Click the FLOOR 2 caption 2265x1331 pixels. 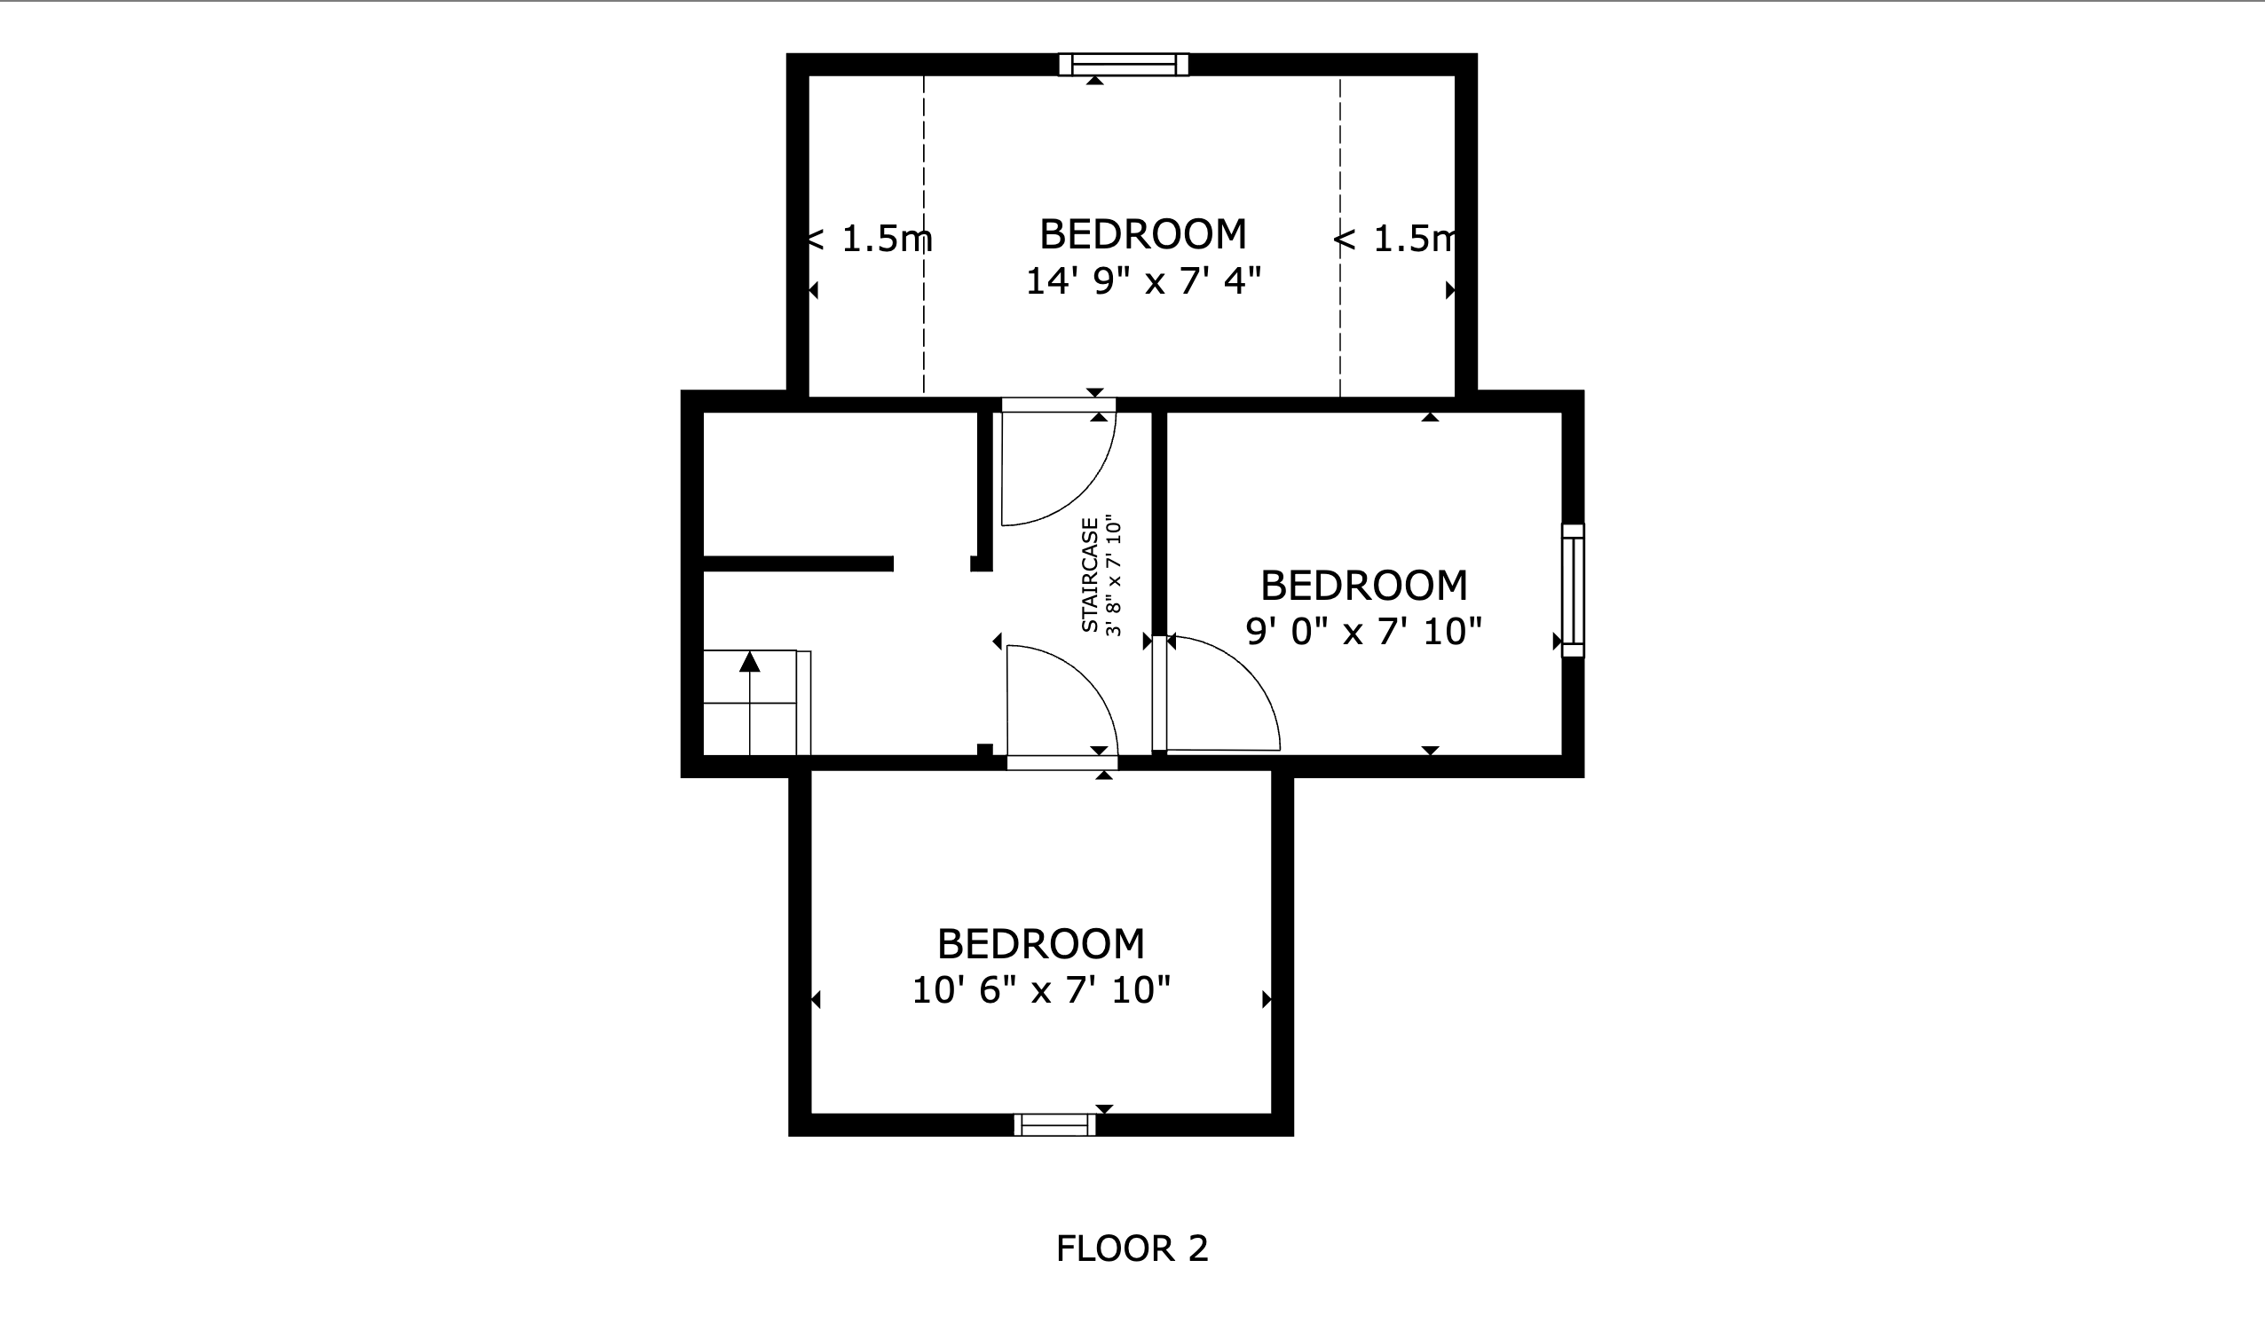(1132, 1249)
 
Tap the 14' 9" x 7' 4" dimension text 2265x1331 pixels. (1142, 281)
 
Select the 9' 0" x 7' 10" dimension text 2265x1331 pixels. (1362, 632)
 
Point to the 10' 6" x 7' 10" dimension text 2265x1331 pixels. (1041, 990)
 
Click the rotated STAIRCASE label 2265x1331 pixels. (1089, 575)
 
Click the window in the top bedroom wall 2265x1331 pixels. (1124, 65)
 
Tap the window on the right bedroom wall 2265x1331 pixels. (1572, 590)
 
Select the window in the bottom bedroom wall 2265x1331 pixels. (1054, 1124)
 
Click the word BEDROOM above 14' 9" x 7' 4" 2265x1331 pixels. (1142, 234)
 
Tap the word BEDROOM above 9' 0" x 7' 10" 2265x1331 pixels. (1362, 586)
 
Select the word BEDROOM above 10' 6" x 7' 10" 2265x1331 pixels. (1041, 944)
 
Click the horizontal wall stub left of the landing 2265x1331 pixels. (798, 563)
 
